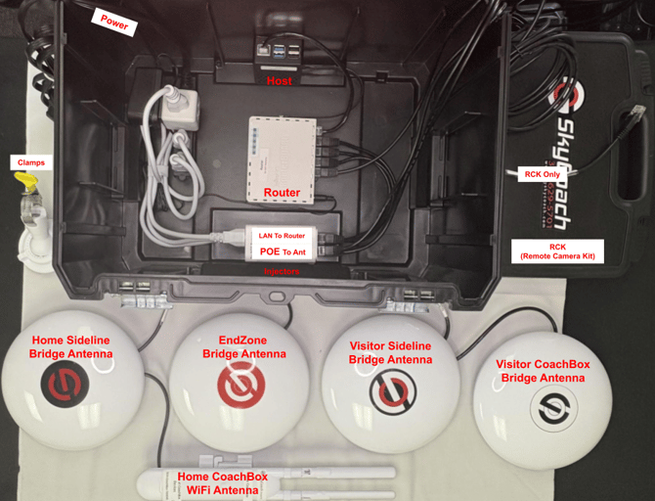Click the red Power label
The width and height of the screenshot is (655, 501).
[x=113, y=23]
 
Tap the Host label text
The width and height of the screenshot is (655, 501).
[x=280, y=81]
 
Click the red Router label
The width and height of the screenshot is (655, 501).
[x=282, y=193]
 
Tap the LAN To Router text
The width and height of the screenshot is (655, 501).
[x=283, y=236]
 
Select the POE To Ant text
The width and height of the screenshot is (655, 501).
[x=283, y=250]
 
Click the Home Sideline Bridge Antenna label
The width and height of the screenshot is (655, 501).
[x=69, y=346]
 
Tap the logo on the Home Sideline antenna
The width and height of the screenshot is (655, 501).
[x=66, y=383]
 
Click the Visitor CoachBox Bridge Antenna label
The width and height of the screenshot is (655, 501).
[x=543, y=371]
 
